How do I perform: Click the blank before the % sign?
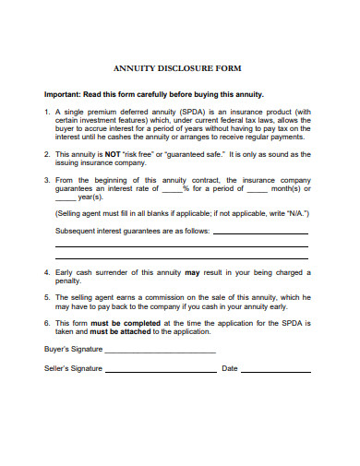(172, 189)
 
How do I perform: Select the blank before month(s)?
(257, 189)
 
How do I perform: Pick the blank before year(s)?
(65, 197)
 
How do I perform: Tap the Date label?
(230, 368)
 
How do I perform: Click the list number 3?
(47, 181)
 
